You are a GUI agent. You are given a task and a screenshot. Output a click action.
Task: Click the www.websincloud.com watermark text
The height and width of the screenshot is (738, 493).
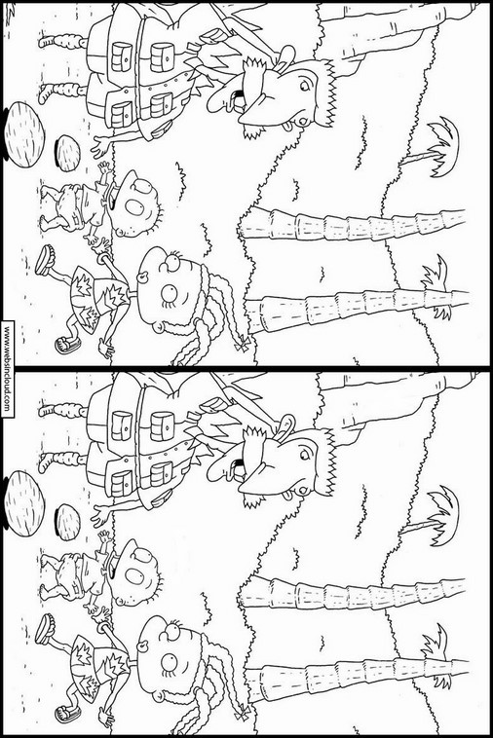point(8,369)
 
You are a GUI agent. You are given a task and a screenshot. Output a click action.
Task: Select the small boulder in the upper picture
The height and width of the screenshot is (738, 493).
point(68,154)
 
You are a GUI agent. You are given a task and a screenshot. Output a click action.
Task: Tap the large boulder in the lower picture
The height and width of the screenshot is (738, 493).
point(24,503)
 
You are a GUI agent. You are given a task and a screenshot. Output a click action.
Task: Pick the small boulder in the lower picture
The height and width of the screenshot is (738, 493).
point(68,522)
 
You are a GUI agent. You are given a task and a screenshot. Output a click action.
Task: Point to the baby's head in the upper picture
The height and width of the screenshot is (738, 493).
point(135,204)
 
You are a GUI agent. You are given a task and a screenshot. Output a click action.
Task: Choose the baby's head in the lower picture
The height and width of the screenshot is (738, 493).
point(135,572)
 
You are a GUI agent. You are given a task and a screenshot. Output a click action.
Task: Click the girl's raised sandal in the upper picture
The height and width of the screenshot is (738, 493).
point(45,259)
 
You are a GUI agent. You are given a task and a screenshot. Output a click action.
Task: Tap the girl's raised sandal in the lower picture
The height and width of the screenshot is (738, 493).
point(45,628)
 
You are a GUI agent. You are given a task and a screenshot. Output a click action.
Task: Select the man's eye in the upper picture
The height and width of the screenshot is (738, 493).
point(304,86)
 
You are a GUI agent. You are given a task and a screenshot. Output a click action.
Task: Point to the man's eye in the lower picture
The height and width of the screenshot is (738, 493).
point(304,454)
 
